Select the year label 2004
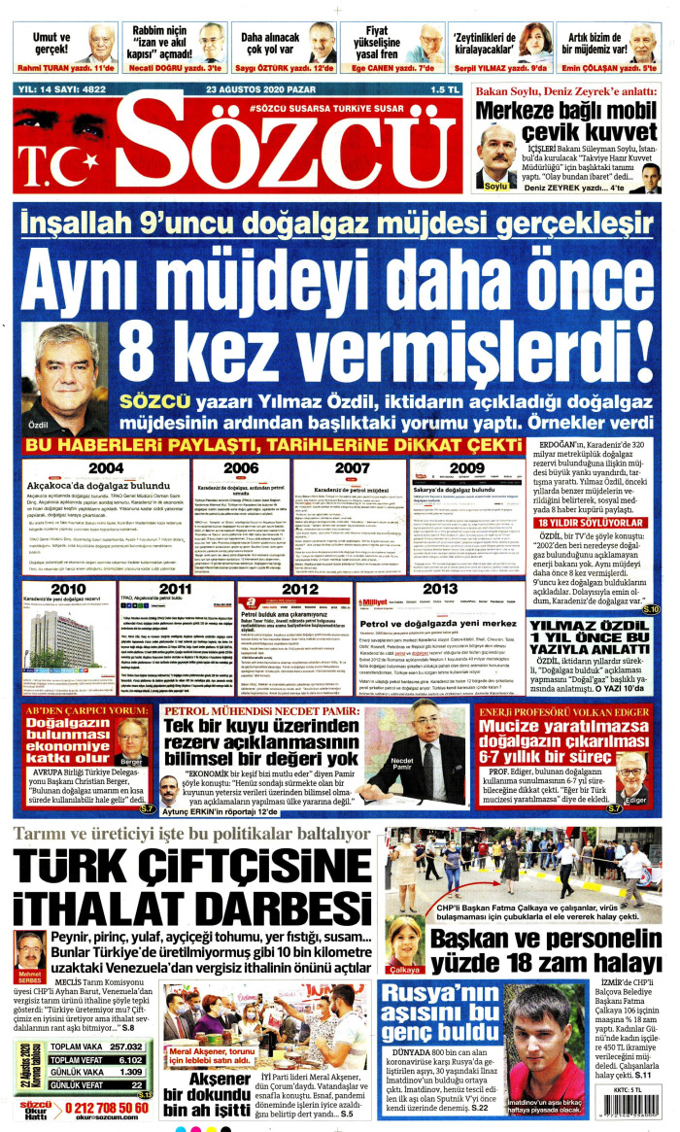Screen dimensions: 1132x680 (x=105, y=467)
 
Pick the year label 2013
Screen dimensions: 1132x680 (x=440, y=589)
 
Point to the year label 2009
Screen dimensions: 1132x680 (x=467, y=467)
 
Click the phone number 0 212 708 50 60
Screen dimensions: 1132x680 (x=104, y=1108)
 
